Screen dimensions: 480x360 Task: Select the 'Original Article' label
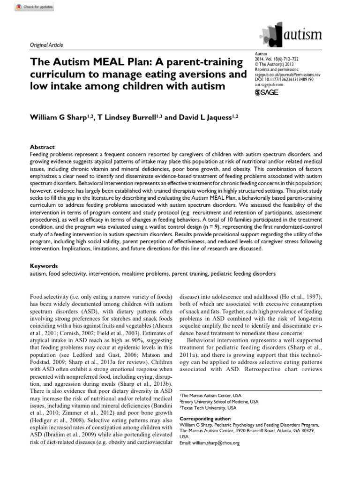click(46, 45)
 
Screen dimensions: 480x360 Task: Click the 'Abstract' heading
click(42, 147)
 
